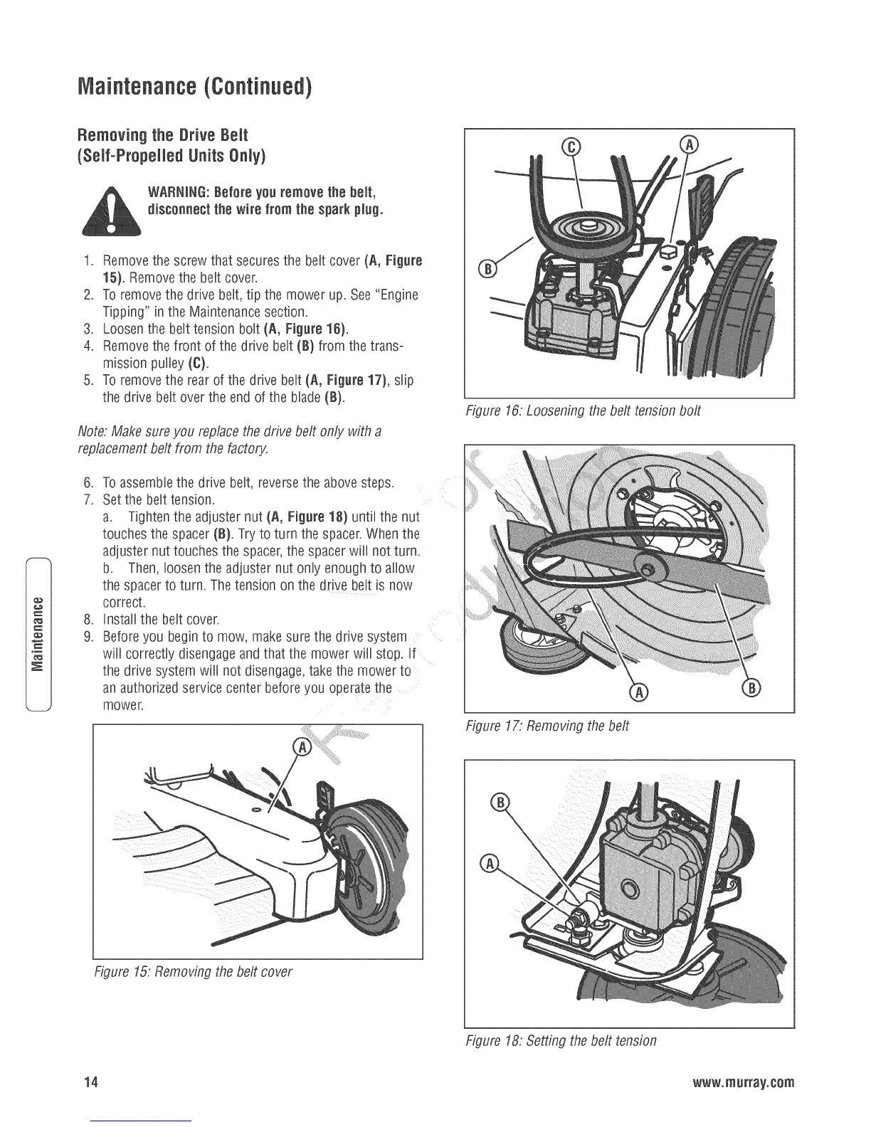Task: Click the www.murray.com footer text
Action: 747,1083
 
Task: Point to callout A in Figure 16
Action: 690,145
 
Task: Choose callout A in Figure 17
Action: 638,690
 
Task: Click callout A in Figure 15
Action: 302,748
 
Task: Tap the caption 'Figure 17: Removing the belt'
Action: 547,726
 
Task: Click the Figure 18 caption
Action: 560,1040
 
